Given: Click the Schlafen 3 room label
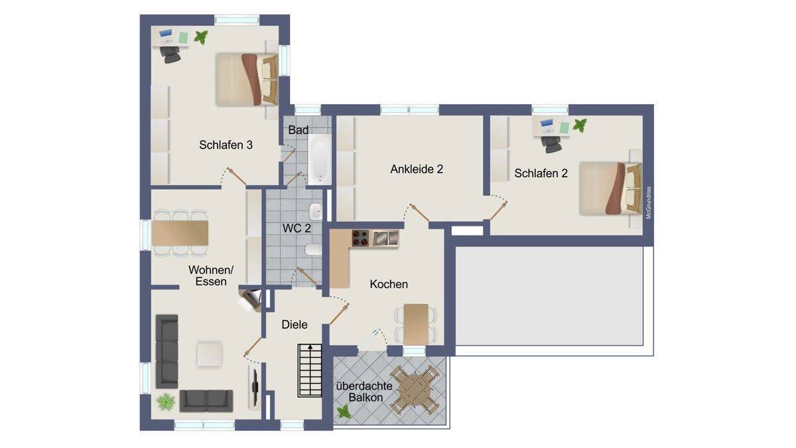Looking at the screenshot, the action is pos(226,145).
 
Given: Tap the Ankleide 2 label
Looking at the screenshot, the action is pos(417,169).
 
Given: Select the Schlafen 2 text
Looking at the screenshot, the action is pos(541,173).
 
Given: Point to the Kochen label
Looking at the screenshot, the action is pos(389,284).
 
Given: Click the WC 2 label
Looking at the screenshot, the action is pos(297,228).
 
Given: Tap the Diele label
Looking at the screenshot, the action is pos(295,325).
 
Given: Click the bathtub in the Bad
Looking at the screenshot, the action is pos(320,159).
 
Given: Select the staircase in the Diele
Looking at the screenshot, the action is pos(310,370).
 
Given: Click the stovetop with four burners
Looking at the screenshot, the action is pos(360,238).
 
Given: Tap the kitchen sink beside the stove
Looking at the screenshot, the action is pos(385,238).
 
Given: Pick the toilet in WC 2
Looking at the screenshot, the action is pos(313,250).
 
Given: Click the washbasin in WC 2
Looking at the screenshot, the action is pos(316,212).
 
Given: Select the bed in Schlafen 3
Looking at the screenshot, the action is pos(247,79).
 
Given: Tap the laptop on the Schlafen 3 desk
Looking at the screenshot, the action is pos(166,37).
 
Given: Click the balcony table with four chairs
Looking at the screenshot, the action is pos(415,390).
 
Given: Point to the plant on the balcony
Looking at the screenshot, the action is pos(344,412).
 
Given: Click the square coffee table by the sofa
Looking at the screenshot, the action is pos(210,354).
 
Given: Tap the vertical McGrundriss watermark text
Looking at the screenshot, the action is pos(649,202).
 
